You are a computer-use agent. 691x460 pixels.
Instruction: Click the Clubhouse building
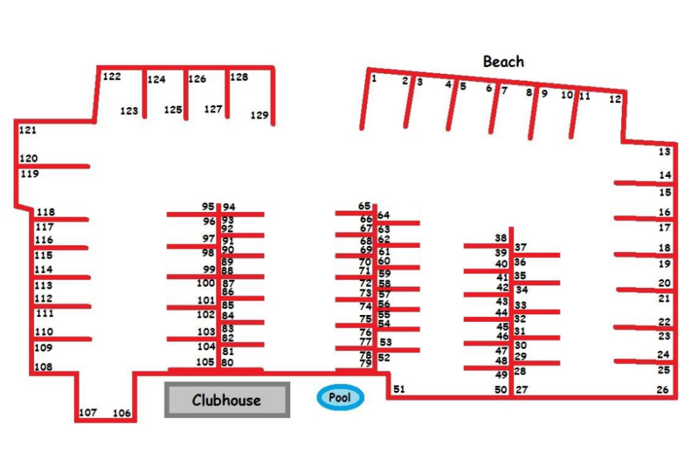point(227,400)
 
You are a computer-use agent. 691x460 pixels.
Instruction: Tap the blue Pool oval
point(340,397)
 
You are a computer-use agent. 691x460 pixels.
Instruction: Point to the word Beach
point(503,61)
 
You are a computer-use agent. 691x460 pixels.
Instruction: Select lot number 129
point(259,115)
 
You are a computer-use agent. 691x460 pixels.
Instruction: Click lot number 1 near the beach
point(374,78)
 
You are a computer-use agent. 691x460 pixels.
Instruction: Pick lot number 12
point(615,99)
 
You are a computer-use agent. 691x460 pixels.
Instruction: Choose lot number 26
point(663,390)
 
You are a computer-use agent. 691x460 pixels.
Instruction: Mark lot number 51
point(399,389)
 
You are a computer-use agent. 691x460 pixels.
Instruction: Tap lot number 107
point(88,412)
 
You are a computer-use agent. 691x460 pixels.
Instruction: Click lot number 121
point(28,130)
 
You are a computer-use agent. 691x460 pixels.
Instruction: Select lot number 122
point(112,77)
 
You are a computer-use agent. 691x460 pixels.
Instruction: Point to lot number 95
point(208,207)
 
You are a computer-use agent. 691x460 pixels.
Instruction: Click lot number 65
point(364,206)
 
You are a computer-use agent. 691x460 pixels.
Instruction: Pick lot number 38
point(501,238)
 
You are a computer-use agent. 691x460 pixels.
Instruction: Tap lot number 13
point(664,152)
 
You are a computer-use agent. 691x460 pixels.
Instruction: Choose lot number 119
point(30,174)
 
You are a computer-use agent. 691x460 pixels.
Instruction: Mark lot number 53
point(386,341)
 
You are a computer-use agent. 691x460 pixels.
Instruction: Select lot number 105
point(205,362)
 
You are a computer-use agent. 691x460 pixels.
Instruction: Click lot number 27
point(522,390)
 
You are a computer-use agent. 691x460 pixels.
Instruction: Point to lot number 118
point(46,212)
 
